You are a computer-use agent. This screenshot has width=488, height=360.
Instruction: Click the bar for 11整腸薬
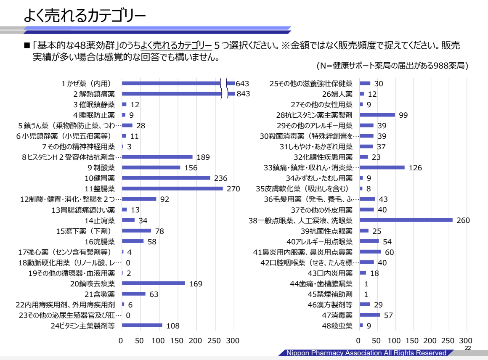pyautogui.click(x=172, y=188)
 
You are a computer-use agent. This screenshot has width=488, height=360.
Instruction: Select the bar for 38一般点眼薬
pyautogui.click(x=406, y=220)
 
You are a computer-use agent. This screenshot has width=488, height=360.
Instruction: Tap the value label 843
pyautogui.click(x=243, y=94)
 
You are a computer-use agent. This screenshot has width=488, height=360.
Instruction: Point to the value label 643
pyautogui.click(x=243, y=83)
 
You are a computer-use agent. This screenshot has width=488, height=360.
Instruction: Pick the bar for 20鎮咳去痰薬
pyautogui.click(x=153, y=283)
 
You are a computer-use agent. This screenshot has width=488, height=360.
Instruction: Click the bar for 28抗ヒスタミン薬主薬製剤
pyautogui.click(x=377, y=115)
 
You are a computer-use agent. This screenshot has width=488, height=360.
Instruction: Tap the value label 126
pyautogui.click(x=415, y=167)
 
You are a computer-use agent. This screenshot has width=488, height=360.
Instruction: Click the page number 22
pyautogui.click(x=468, y=348)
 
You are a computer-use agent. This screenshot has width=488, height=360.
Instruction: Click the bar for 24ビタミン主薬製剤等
pyautogui.click(x=142, y=325)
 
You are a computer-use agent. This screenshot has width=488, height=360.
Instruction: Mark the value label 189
pyautogui.click(x=203, y=157)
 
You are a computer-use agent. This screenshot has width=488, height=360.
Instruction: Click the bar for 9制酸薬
pyautogui.click(x=151, y=167)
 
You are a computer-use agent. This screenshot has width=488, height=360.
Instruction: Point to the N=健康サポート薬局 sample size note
pyautogui.click(x=392, y=66)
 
